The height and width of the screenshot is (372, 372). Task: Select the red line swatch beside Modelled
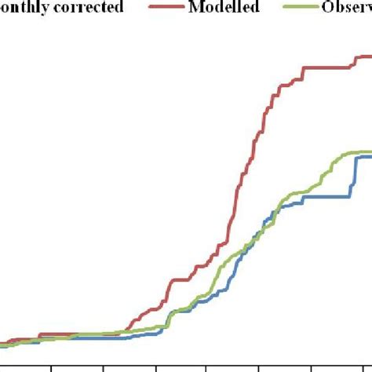point(170,9)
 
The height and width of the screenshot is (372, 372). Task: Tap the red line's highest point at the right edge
point(366,56)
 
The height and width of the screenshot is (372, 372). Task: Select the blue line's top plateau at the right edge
point(364,157)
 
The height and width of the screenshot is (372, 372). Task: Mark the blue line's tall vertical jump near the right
point(351,177)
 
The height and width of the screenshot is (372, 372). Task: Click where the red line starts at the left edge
point(2,343)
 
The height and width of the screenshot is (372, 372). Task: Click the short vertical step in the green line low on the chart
point(167,319)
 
